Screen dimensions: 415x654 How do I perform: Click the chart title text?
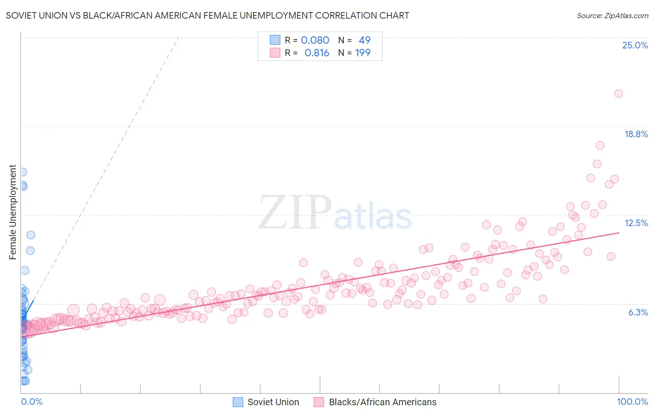click(207, 15)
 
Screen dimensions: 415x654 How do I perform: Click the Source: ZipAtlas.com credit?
click(612, 15)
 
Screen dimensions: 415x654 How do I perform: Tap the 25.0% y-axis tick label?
click(635, 45)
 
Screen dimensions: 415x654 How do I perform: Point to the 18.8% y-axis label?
click(636, 134)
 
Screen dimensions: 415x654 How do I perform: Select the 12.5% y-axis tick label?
click(636, 223)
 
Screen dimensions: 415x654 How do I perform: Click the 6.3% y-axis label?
click(638, 312)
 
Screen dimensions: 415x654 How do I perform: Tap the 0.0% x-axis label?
click(32, 402)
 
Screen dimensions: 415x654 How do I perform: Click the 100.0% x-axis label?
click(632, 402)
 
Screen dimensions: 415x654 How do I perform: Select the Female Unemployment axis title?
click(13, 212)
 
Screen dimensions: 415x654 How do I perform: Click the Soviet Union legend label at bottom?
click(273, 402)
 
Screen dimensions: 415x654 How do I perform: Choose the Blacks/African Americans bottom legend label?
click(382, 402)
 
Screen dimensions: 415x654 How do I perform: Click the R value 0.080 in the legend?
click(315, 40)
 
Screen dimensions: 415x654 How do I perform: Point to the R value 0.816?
click(317, 53)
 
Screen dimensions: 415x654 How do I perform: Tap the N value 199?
click(363, 53)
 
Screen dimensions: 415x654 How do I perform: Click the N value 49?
click(365, 40)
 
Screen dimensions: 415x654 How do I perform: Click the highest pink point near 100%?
click(618, 94)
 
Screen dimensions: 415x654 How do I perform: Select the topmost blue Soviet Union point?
click(22, 172)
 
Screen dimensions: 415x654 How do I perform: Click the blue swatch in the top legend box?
click(275, 40)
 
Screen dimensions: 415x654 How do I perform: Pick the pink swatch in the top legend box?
click(275, 53)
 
